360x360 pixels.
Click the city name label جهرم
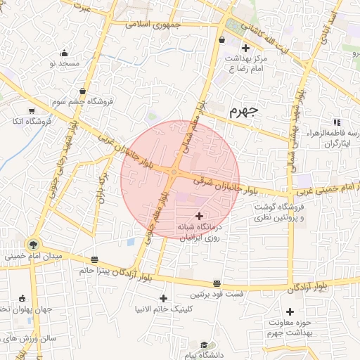[x=243, y=110]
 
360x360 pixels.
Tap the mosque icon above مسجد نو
[x=65, y=53]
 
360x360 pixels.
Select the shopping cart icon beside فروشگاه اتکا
[x=32, y=110]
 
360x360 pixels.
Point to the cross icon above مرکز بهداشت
[x=245, y=48]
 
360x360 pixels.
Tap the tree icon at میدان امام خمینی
[x=32, y=245]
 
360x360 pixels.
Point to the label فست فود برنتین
[x=220, y=295]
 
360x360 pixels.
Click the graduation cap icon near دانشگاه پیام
[x=203, y=345]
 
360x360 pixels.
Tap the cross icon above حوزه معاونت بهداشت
[x=290, y=311]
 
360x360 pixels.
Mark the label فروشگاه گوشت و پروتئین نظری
[x=294, y=213]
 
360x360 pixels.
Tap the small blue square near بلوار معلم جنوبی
[x=131, y=242]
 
